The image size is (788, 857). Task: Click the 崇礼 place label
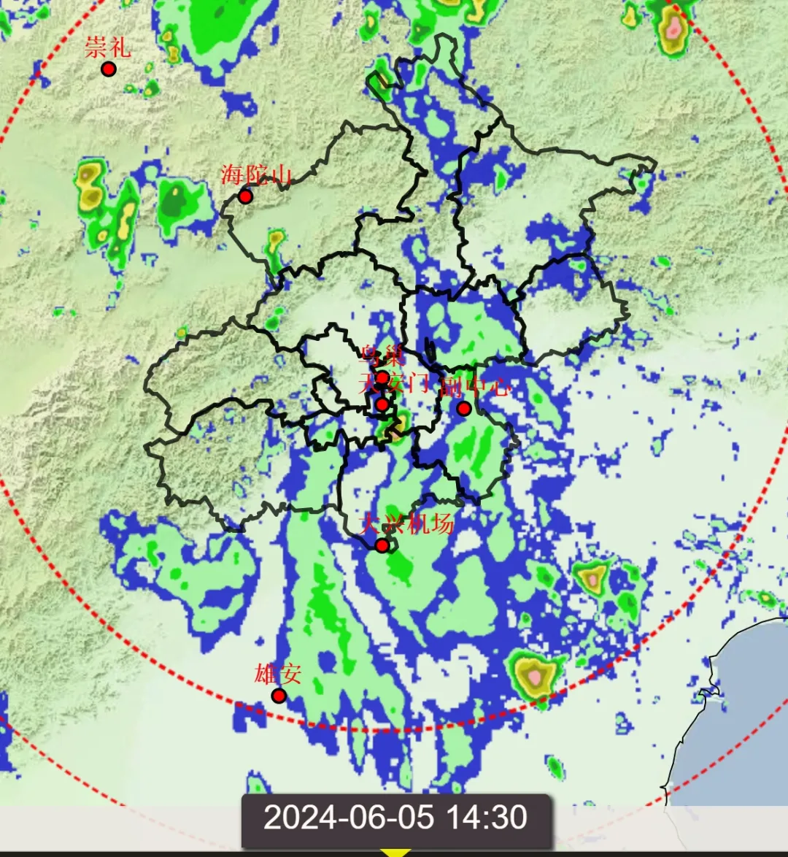tap(107, 47)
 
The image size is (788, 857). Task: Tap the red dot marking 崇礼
tap(109, 69)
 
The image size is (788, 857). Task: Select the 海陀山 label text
tap(256, 175)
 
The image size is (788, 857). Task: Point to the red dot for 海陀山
tap(245, 196)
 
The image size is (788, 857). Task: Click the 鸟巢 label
tap(382, 356)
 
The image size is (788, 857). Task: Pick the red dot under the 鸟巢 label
tap(382, 377)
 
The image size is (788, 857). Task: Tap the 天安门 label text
tap(395, 383)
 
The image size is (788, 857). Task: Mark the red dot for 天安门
tap(382, 404)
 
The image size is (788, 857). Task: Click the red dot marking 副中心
tap(463, 408)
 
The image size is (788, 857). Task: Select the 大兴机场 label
tap(408, 523)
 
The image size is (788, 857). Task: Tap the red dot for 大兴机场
tap(382, 545)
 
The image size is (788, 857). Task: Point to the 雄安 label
tap(277, 673)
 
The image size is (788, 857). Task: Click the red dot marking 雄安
tap(279, 696)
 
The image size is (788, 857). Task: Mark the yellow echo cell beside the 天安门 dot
tap(401, 423)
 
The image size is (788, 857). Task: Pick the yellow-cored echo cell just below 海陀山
tap(275, 240)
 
